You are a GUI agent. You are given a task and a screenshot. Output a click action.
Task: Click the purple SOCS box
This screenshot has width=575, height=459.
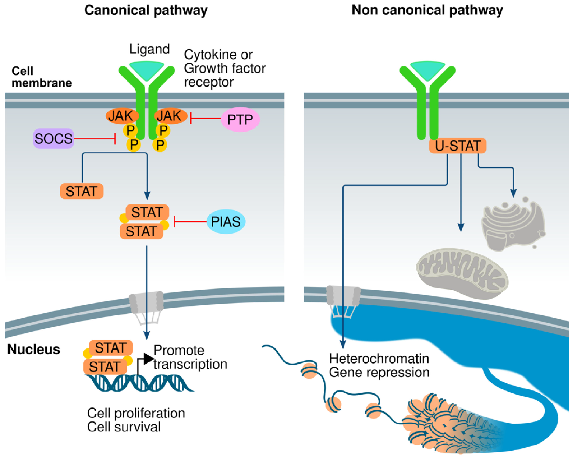[x=54, y=139]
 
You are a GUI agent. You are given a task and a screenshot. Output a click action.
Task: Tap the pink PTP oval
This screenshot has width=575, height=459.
[x=240, y=119]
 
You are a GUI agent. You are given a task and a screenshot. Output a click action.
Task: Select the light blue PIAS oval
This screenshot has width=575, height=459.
[x=226, y=221]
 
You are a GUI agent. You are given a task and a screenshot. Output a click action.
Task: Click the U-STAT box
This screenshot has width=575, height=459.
[x=458, y=146]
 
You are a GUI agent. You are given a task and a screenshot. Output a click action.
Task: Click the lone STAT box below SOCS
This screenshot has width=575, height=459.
[x=82, y=191]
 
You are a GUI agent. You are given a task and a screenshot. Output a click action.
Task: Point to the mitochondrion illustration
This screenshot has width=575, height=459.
[x=462, y=274]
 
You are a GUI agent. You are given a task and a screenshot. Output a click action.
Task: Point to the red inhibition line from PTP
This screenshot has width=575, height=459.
[x=205, y=118]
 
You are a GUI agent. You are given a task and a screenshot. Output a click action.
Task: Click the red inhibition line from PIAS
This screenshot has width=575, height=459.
[x=190, y=221]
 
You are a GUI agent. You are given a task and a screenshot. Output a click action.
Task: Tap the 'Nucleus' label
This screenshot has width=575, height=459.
[x=34, y=349]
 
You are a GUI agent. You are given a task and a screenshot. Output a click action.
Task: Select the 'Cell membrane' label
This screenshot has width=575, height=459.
[x=42, y=77]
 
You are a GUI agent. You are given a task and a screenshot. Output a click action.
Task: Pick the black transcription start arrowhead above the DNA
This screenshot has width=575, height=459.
[x=149, y=359]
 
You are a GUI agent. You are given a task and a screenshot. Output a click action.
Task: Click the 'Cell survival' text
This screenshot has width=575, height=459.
[x=124, y=427]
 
